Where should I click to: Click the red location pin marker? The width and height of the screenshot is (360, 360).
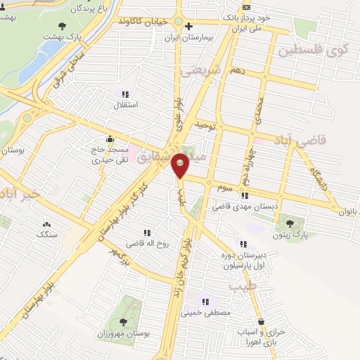(x=181, y=166)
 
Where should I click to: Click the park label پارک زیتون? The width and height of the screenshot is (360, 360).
(x=290, y=237)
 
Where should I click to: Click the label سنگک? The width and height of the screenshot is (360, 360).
(x=47, y=234)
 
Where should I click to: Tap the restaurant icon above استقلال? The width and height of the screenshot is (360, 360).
(x=125, y=94)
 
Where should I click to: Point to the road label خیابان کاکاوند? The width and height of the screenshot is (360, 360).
(x=144, y=22)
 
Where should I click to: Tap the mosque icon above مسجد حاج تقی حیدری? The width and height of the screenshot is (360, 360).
(x=108, y=139)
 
